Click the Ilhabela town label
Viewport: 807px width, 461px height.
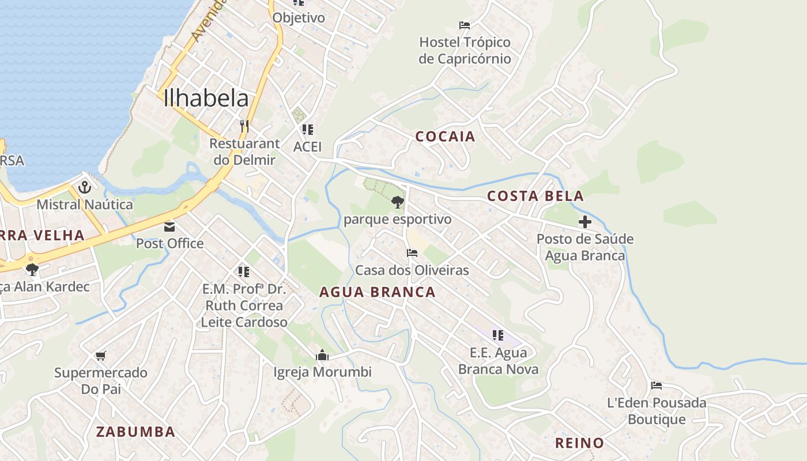coord(206,99)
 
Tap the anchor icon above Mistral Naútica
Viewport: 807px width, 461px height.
coord(85,187)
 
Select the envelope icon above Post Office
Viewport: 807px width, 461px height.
coord(169,226)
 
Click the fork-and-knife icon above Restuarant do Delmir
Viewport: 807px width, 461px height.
coord(244,125)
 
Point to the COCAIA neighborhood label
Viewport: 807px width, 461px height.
coord(446,137)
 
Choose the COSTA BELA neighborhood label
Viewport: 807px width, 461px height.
coord(536,196)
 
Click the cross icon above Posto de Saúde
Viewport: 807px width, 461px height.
coord(585,222)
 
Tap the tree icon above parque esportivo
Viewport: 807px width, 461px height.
coord(397,202)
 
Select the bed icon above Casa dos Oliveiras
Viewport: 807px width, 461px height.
coord(412,253)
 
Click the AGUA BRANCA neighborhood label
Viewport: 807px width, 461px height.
coord(378,292)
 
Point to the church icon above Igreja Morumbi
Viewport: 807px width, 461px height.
coord(322,355)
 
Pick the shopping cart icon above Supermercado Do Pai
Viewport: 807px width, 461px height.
coord(101,356)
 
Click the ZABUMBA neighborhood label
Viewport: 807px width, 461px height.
coord(135,432)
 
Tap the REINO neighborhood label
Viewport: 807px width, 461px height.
coord(579,443)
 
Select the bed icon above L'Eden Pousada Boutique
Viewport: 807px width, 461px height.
coord(656,386)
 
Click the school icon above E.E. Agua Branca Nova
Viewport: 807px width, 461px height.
coord(498,335)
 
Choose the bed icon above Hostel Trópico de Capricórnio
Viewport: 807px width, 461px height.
coord(465,25)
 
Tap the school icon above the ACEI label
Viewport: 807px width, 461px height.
coord(307,130)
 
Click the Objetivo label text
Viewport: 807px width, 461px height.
coord(299,18)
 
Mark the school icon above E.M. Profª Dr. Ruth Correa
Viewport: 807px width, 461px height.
coord(243,271)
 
